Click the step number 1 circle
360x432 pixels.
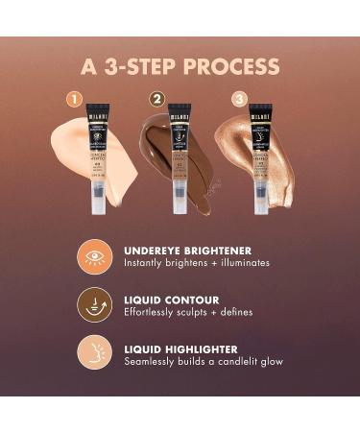pyautogui.click(x=72, y=98)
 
